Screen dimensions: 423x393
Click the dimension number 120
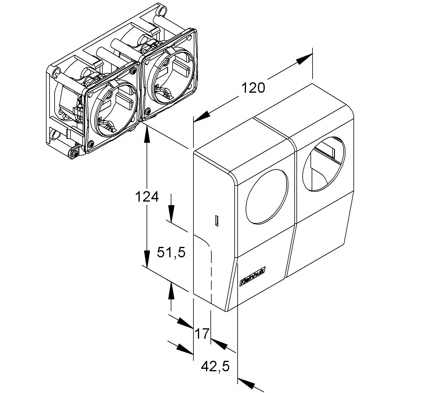pyautogui.click(x=253, y=88)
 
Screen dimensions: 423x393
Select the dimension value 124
pyautogui.click(x=147, y=197)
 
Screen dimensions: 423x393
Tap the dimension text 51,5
pyautogui.click(x=171, y=253)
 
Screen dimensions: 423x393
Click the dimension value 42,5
pyautogui.click(x=215, y=366)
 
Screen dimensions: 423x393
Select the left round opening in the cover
pyautogui.click(x=267, y=196)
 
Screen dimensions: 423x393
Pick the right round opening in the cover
pyautogui.click(x=323, y=164)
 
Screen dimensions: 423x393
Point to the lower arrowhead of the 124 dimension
pyautogui.click(x=147, y=259)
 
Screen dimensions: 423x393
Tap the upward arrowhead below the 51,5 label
pyautogui.click(x=171, y=291)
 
